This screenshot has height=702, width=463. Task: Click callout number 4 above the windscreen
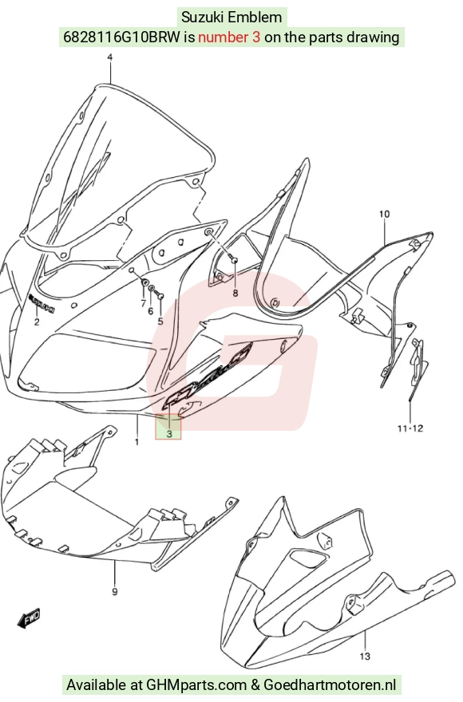point(110,57)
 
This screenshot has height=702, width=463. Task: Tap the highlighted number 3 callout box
point(168,427)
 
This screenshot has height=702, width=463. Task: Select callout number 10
point(385,214)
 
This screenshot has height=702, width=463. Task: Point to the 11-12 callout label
point(410,428)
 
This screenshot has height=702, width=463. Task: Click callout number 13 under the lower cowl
point(366,657)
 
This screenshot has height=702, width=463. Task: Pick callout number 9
point(115,592)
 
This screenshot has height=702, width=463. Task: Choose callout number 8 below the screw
point(235,294)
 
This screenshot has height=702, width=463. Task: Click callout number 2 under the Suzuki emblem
point(37,321)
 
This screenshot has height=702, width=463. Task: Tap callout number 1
point(137,442)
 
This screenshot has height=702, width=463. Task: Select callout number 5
point(160,321)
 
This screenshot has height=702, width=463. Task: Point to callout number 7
point(143,304)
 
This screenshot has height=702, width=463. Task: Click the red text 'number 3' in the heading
point(229,37)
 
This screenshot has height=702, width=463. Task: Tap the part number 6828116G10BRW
point(122,37)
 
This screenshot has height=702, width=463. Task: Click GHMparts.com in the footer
point(196,684)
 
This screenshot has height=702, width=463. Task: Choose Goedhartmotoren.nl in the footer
point(330,684)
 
